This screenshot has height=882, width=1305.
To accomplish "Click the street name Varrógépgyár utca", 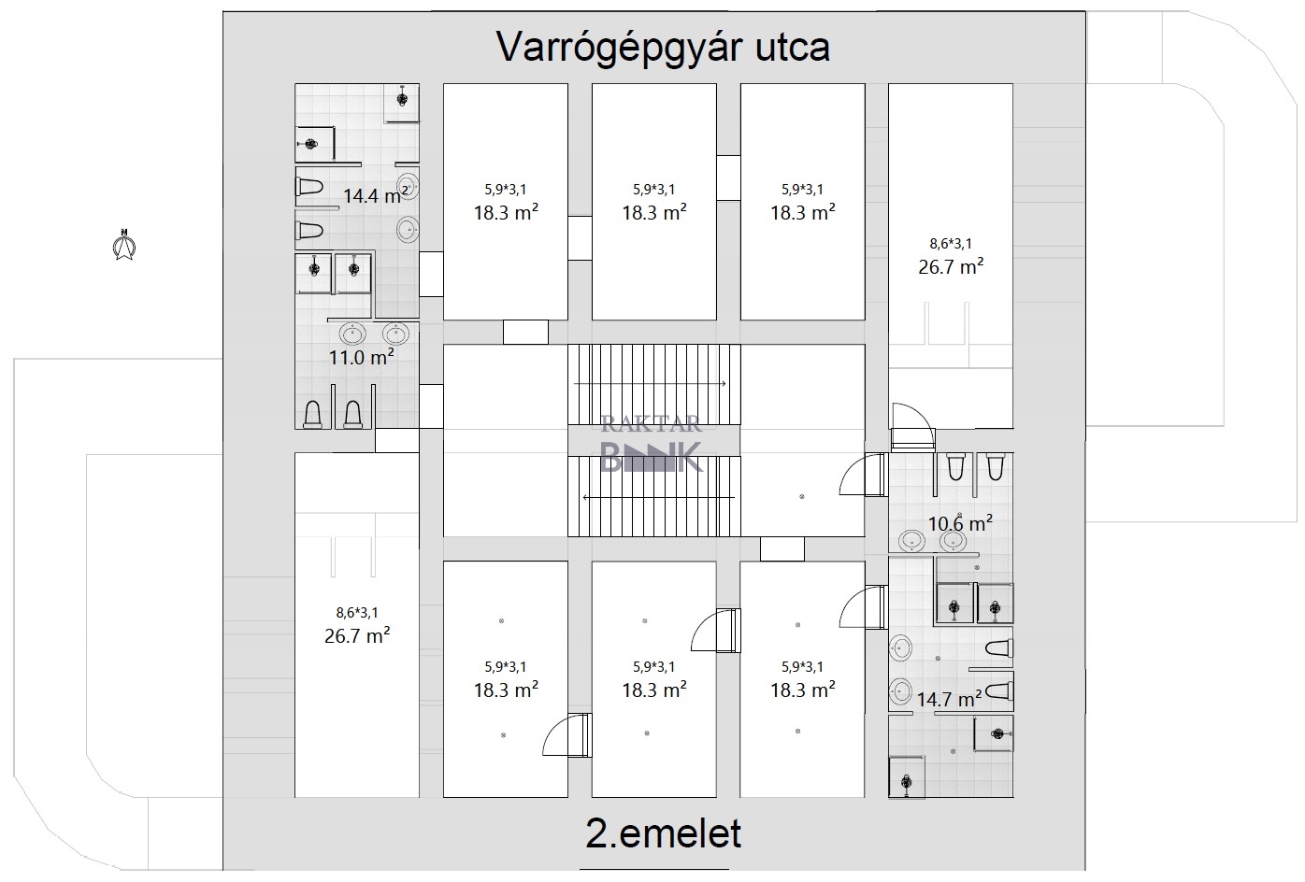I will pyautogui.click(x=662, y=47).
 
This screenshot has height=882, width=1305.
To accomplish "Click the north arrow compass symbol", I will pyautogui.click(x=122, y=245).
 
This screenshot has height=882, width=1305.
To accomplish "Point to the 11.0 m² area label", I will pyautogui.click(x=361, y=356).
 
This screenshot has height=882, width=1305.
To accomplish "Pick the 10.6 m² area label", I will pyautogui.click(x=959, y=523).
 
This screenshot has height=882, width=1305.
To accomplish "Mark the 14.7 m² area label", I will pyautogui.click(x=948, y=698).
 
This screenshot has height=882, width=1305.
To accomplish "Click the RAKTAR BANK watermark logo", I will pyautogui.click(x=651, y=447).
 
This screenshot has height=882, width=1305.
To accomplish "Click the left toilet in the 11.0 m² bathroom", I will pyautogui.click(x=314, y=413).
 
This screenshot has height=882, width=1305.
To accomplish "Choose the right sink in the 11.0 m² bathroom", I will pyautogui.click(x=395, y=334).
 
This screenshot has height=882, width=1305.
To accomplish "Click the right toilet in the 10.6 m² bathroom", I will pyautogui.click(x=994, y=465).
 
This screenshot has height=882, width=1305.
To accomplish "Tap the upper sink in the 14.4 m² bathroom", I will pyautogui.click(x=409, y=185).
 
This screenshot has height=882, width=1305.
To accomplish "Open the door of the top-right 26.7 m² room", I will pyautogui.click(x=911, y=425).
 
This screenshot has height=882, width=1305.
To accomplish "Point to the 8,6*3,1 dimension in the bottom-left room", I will pyautogui.click(x=357, y=613).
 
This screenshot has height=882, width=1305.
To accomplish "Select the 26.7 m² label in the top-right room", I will pyautogui.click(x=951, y=266).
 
